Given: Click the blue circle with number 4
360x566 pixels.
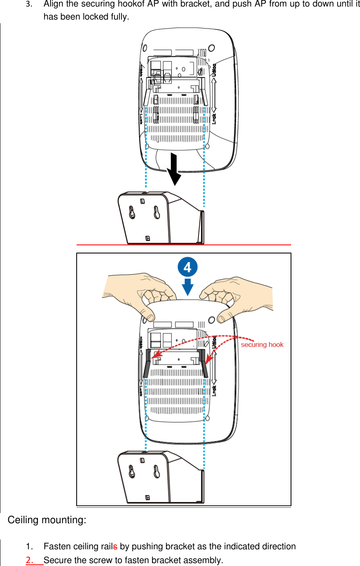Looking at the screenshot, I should pyautogui.click(x=188, y=267).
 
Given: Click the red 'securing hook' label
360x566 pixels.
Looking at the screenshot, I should pyautogui.click(x=262, y=345).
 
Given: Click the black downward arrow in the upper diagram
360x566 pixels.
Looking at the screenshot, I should pyautogui.click(x=174, y=169).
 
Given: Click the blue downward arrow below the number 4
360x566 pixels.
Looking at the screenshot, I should pyautogui.click(x=188, y=287).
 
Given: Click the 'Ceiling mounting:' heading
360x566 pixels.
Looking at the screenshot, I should pyautogui.click(x=47, y=520).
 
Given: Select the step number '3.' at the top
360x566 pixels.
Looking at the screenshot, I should pyautogui.click(x=29, y=4).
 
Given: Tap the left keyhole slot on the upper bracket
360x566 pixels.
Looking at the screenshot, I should pyautogui.click(x=132, y=212).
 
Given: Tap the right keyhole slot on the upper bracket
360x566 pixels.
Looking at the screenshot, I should pyautogui.click(x=157, y=212).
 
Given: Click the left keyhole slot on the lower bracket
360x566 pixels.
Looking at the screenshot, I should pyautogui.click(x=132, y=471).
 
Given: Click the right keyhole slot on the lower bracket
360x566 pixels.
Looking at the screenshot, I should pyautogui.click(x=157, y=471).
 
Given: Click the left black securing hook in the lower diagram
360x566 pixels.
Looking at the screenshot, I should pyautogui.click(x=148, y=363).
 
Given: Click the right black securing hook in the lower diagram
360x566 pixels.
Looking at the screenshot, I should pyautogui.click(x=203, y=363).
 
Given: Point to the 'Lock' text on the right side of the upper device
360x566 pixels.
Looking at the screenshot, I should pyautogui.click(x=214, y=119).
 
